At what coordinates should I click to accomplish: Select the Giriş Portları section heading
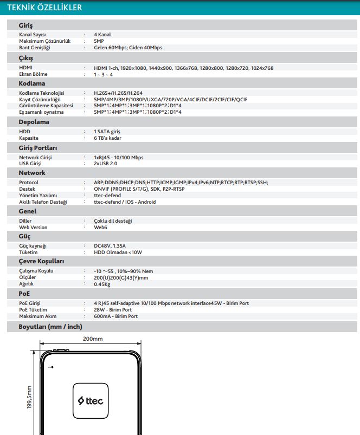38,147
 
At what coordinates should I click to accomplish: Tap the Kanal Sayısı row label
33,35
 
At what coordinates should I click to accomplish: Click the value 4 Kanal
102,35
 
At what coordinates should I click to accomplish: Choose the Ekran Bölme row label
33,74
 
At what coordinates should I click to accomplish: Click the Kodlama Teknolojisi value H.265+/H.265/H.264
118,93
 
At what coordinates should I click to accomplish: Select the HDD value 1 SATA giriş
107,132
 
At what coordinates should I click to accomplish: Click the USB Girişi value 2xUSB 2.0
106,164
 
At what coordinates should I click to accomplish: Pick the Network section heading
32,173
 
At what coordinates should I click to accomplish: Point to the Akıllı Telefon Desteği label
43,202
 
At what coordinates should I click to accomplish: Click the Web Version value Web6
100,228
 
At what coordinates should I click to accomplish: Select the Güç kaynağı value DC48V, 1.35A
110,246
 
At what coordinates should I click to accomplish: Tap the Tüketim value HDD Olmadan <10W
114,252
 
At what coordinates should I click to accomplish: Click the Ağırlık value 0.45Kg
102,284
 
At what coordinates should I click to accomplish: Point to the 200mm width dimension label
93,339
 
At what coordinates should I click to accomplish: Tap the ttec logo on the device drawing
93,402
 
